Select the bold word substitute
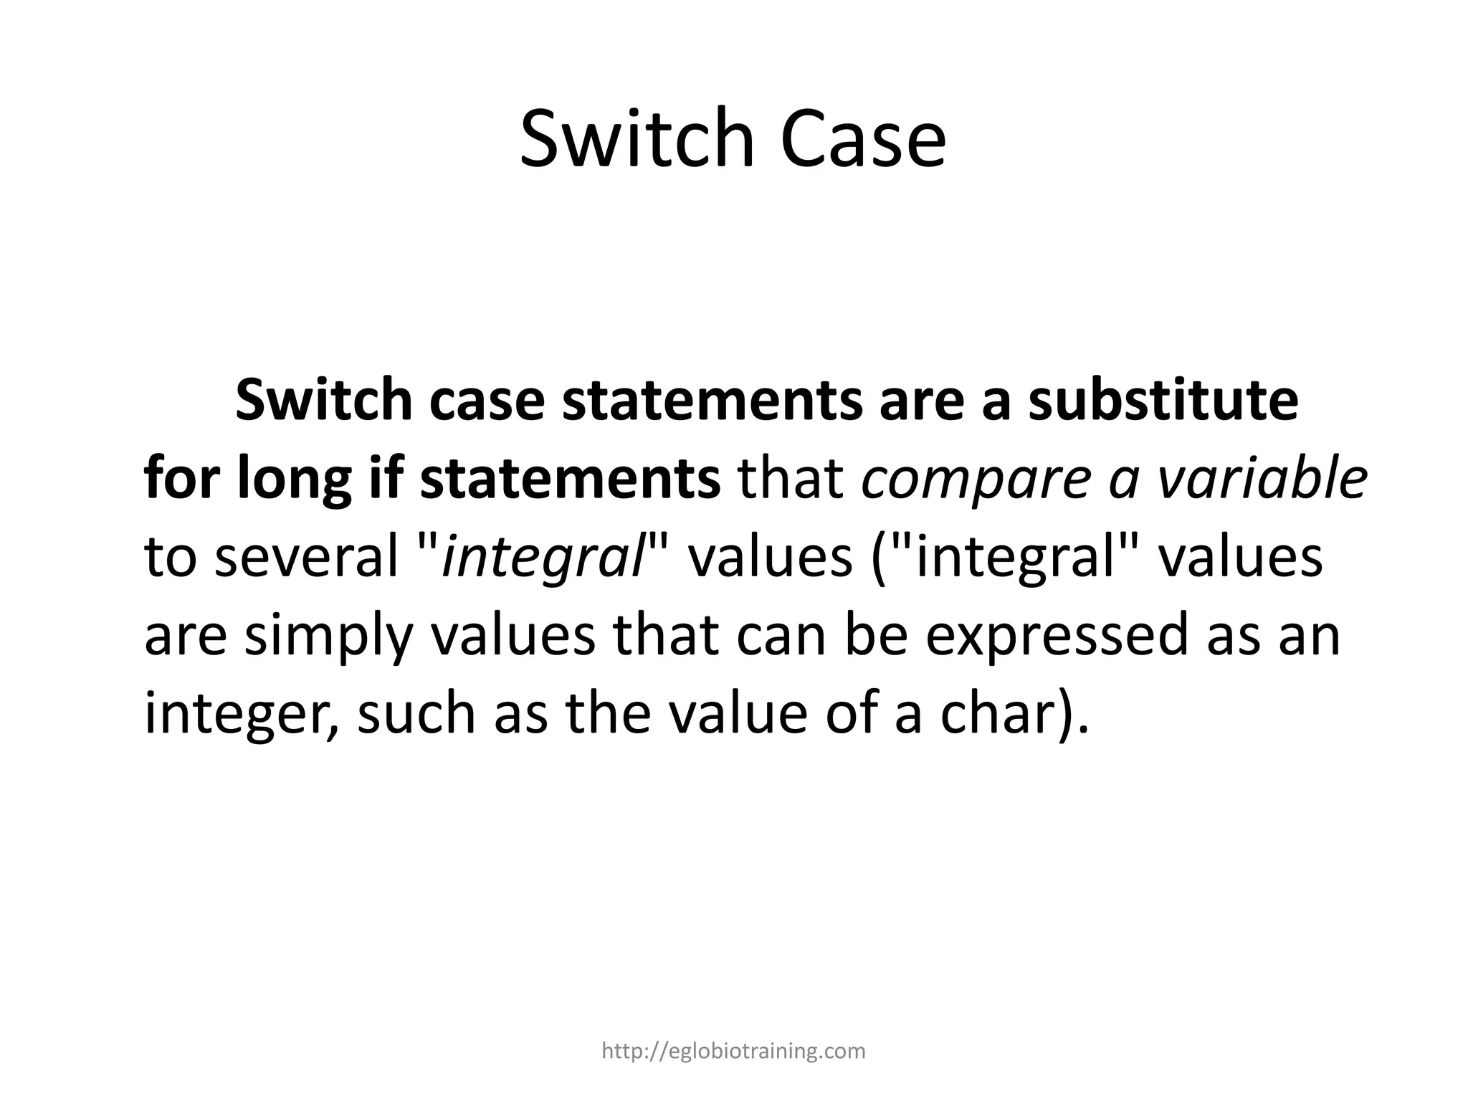[1163, 401]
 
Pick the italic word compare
[976, 479]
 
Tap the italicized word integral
[544, 557]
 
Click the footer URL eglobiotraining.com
[733, 1052]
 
